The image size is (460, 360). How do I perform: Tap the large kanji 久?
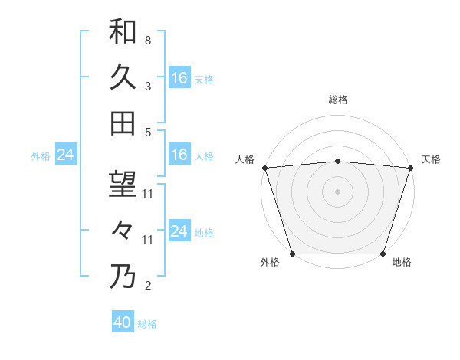[123, 77]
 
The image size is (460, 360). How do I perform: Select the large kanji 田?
[123, 123]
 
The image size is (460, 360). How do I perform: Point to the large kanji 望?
[123, 184]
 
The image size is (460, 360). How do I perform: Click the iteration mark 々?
[123, 230]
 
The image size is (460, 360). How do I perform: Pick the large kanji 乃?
[123, 277]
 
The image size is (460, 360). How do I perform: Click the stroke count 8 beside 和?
[148, 40]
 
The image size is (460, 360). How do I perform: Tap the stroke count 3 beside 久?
[148, 87]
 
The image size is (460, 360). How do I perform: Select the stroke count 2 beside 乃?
[148, 286]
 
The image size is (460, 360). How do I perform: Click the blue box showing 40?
[123, 323]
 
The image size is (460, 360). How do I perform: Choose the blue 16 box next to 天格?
[179, 78]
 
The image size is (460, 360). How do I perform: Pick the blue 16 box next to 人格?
[179, 155]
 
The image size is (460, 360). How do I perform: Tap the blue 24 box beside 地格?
[179, 231]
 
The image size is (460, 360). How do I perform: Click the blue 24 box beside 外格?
[65, 155]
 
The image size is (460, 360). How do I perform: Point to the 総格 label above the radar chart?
[338, 100]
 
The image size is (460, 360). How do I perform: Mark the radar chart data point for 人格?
[265, 168]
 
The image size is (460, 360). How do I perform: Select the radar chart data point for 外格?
[293, 253]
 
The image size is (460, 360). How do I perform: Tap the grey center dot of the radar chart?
[338, 191]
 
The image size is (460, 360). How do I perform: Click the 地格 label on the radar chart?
[402, 263]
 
